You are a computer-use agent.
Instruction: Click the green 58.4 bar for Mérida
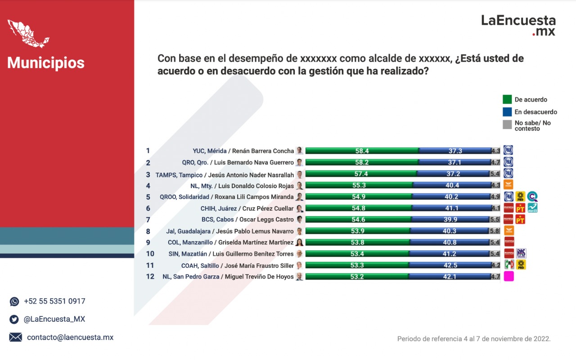(x=362, y=151)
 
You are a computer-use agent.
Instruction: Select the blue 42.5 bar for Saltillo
(x=450, y=265)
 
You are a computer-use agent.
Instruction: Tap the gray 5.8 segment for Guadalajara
(x=494, y=231)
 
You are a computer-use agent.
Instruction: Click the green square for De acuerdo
(x=507, y=99)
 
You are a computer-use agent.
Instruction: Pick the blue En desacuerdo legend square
(x=507, y=112)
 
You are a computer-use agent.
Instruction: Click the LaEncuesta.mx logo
(x=518, y=25)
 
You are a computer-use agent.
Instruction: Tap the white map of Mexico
(x=28, y=34)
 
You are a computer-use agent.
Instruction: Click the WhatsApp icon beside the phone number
(x=14, y=301)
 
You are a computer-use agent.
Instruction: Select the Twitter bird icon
(x=14, y=319)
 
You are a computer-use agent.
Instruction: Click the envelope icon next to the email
(x=15, y=337)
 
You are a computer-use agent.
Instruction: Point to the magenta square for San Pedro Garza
(x=508, y=276)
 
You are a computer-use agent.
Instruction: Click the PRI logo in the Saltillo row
(x=508, y=264)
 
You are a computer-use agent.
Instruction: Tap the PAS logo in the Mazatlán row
(x=521, y=253)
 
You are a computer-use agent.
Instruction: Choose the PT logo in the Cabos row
(x=520, y=220)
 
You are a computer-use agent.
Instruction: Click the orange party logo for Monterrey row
(x=508, y=184)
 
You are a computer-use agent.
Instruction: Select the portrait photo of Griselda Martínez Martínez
(x=299, y=242)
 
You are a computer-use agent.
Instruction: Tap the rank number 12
(x=150, y=277)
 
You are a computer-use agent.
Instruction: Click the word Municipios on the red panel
(x=46, y=63)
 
